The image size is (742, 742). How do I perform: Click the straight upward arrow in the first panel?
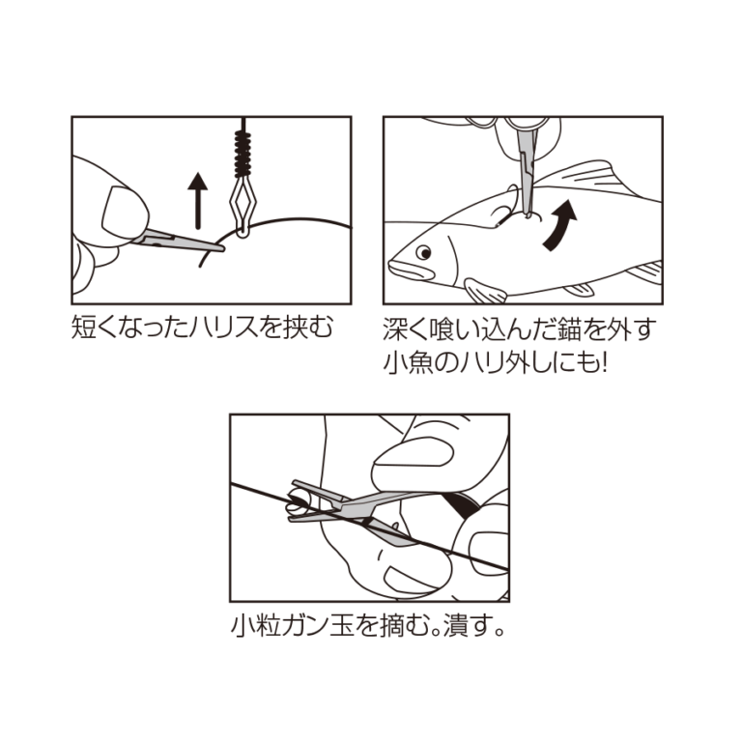198,201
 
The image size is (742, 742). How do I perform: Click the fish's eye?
423,253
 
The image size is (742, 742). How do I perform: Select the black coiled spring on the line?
243,154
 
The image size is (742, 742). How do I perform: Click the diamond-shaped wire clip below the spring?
243,206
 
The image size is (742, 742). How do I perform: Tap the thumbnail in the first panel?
124,212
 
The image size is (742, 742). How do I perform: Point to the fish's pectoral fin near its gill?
485,291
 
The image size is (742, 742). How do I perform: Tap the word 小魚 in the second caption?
407,364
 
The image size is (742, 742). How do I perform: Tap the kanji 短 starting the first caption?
83,328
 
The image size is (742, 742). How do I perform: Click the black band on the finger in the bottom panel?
462,505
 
